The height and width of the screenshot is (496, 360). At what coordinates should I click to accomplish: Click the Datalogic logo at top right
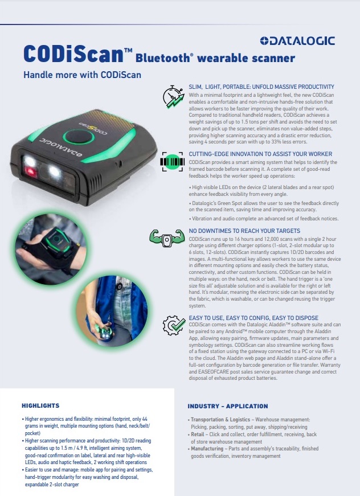(x=297, y=41)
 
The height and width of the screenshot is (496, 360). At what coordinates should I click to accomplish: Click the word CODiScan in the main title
(x=73, y=54)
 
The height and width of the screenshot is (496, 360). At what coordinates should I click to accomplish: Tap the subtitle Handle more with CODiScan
(x=82, y=75)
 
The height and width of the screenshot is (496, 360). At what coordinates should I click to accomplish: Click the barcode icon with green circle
(x=173, y=162)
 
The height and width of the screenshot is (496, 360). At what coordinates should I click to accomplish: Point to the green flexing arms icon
(x=167, y=239)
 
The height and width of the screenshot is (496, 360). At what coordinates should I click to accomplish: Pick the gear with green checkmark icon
(x=174, y=325)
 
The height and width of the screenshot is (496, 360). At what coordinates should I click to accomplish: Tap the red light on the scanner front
(x=31, y=172)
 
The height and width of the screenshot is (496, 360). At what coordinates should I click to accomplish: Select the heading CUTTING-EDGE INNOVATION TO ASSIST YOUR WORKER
(x=260, y=154)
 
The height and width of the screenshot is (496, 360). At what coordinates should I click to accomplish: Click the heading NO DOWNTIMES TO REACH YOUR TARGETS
(x=244, y=231)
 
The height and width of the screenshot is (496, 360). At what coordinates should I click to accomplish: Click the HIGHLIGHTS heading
(x=40, y=405)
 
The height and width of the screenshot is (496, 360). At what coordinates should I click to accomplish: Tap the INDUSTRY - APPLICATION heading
(x=228, y=406)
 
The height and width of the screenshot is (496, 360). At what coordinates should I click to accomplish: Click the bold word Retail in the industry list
(x=198, y=434)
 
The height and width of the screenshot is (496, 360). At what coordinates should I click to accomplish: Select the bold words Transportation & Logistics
(x=220, y=420)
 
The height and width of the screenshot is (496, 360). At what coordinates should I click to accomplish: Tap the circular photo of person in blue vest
(x=112, y=311)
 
